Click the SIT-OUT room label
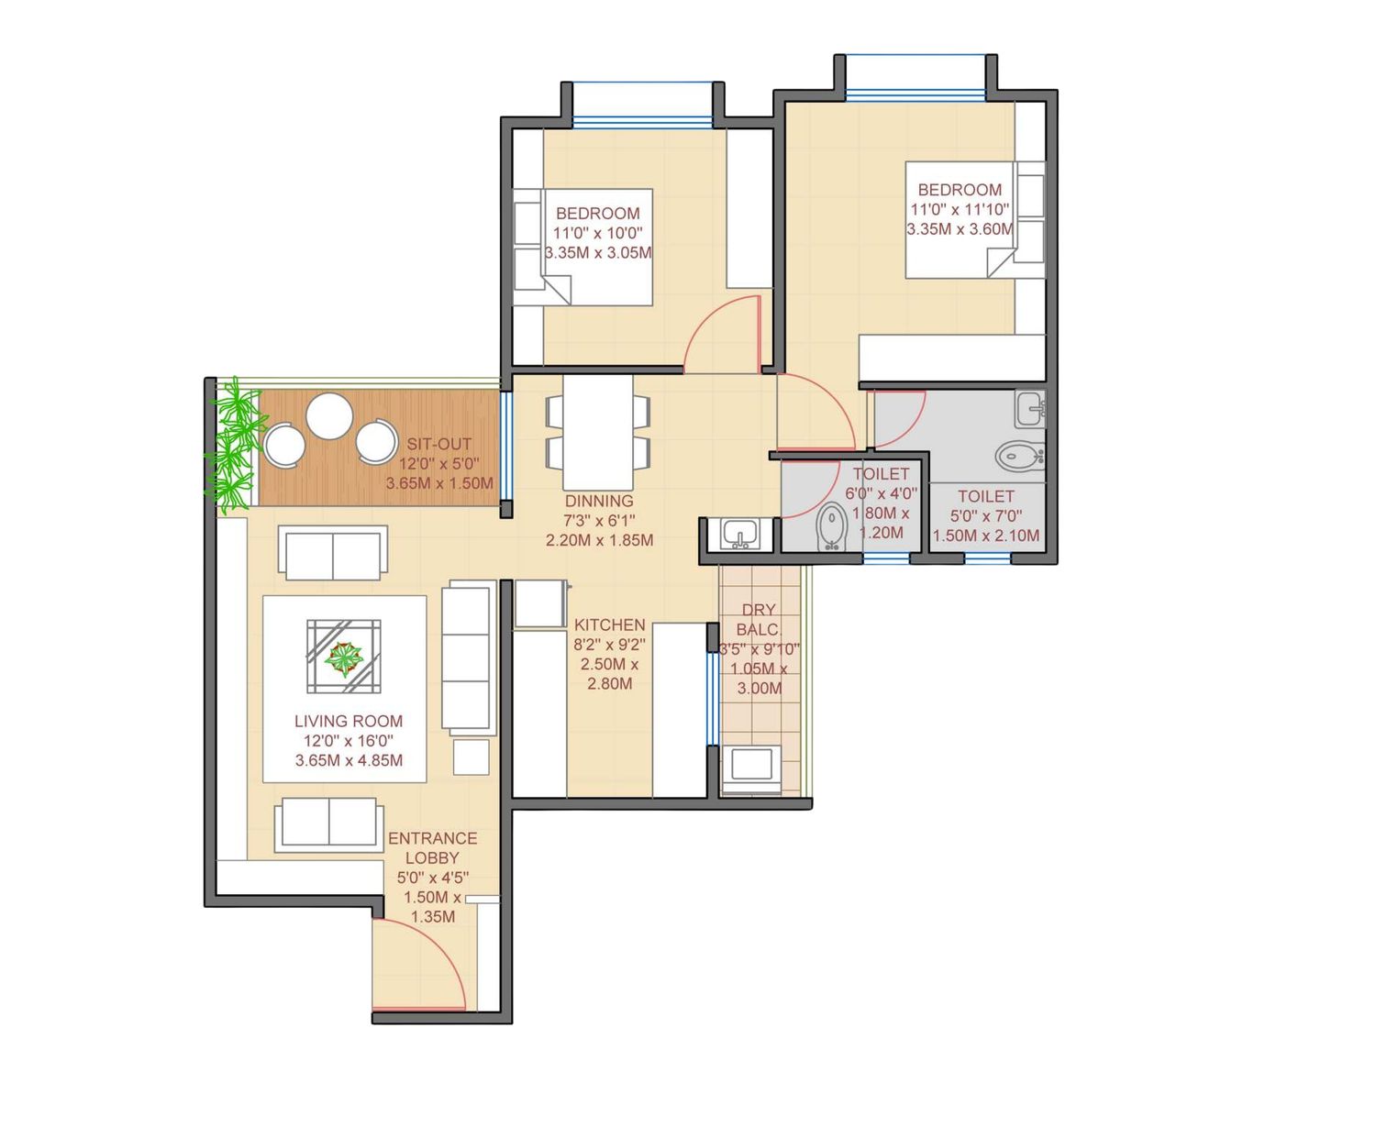point(438,444)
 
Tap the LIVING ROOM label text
point(349,721)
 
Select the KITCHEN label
point(609,624)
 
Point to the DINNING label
point(599,501)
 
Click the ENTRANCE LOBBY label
point(432,848)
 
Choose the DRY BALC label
point(758,620)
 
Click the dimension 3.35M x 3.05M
point(598,253)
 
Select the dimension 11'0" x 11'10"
point(960,210)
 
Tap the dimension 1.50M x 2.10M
point(986,536)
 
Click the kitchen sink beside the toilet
point(738,534)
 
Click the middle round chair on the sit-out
point(329,416)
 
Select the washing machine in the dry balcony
point(752,768)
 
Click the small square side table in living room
point(472,757)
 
